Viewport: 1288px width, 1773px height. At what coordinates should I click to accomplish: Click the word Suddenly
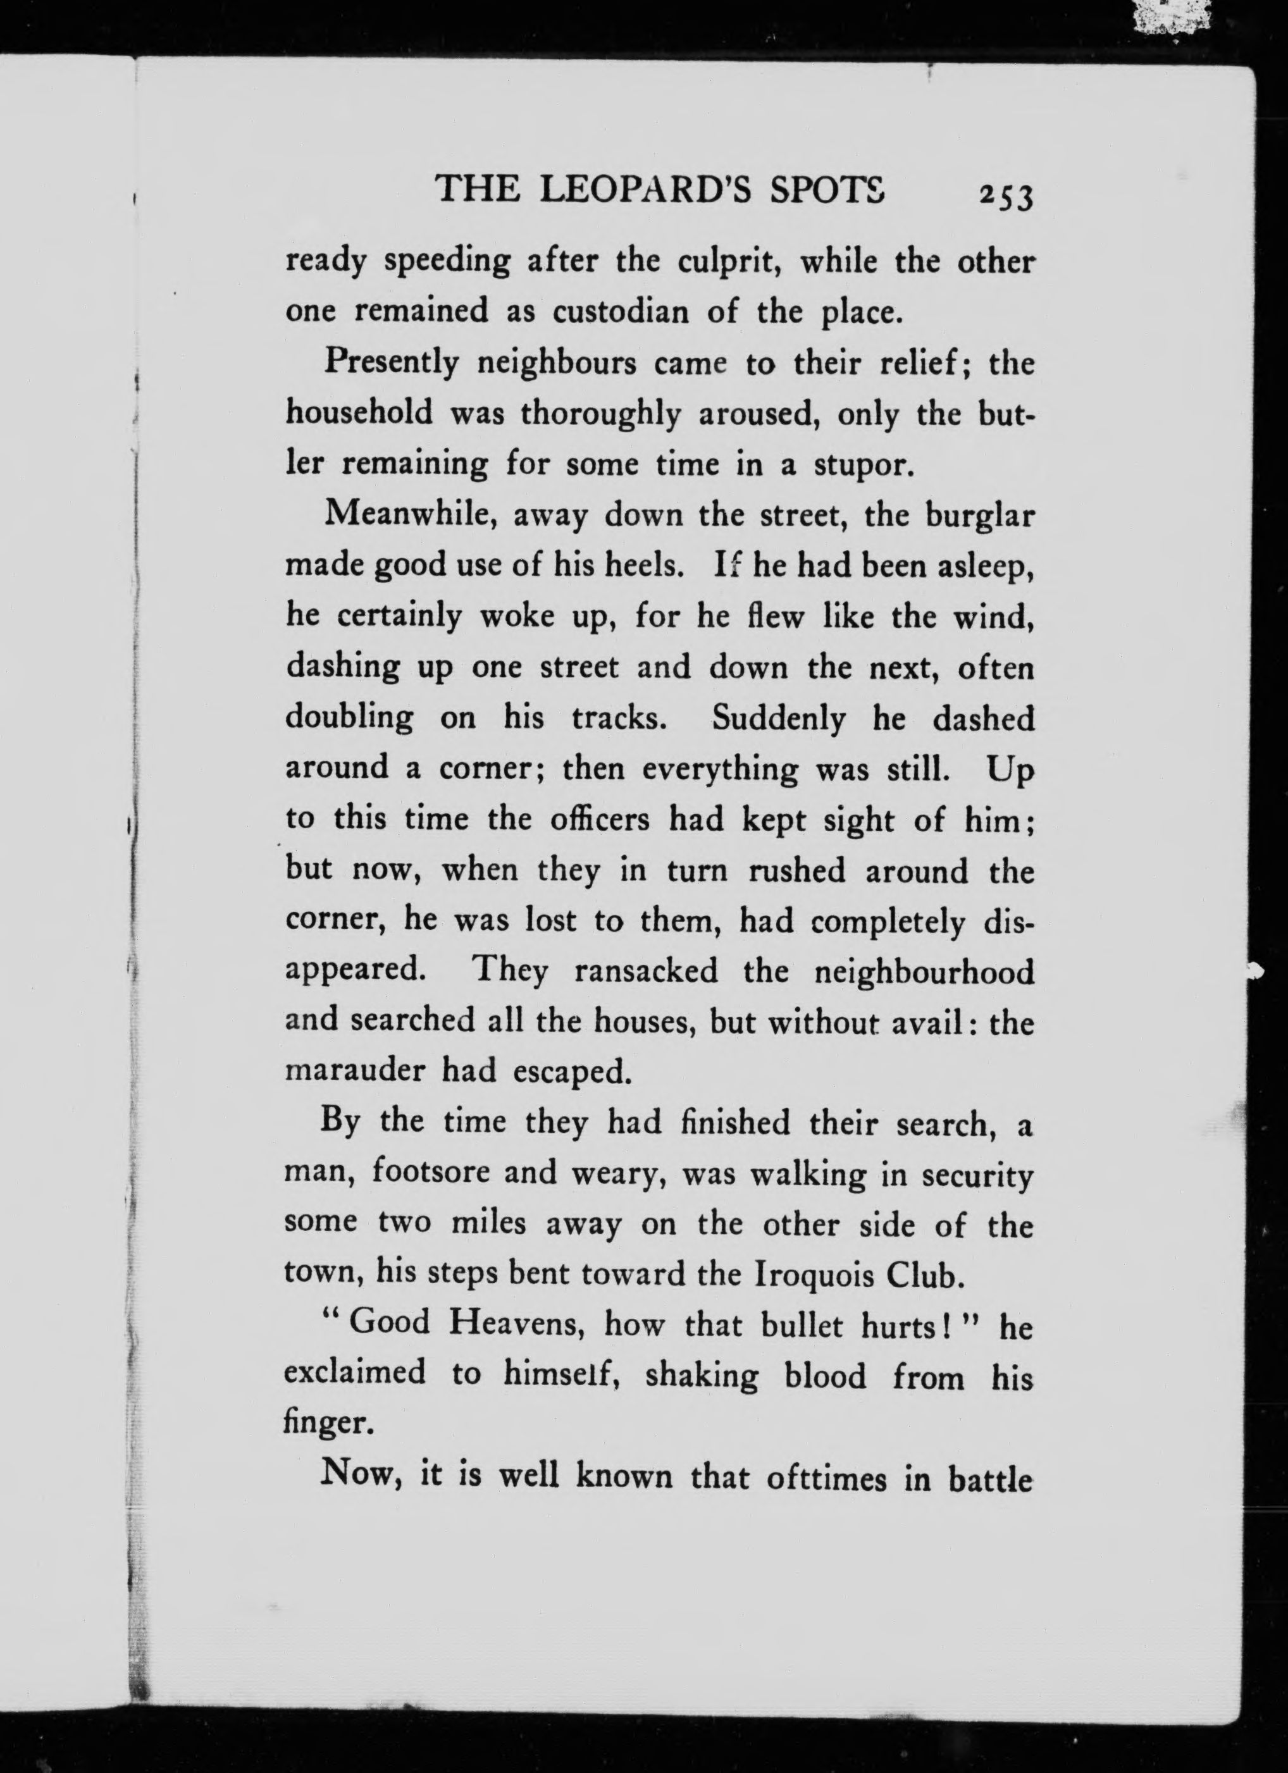pyautogui.click(x=778, y=719)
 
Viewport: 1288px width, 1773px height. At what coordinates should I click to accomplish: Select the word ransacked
pyautogui.click(x=645, y=972)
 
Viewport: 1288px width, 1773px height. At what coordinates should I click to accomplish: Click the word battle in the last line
pyautogui.click(x=991, y=1478)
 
